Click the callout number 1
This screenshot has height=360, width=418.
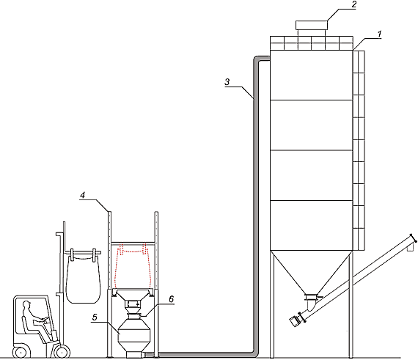click(379, 34)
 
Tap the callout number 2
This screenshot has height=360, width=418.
click(353, 5)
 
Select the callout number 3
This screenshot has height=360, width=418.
click(227, 81)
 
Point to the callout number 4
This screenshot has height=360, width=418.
click(83, 195)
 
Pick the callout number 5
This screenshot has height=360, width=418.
click(95, 317)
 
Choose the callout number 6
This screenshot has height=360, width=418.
click(171, 299)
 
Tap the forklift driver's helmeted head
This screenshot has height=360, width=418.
click(26, 304)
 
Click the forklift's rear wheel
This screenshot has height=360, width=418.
click(21, 352)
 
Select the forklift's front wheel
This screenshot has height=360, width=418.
click(62, 352)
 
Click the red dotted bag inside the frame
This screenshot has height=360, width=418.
click(133, 266)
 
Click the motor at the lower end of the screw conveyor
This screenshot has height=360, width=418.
click(294, 321)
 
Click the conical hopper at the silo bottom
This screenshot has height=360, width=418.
click(312, 272)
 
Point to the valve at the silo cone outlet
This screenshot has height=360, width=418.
click(312, 297)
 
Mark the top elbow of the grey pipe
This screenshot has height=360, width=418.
click(257, 59)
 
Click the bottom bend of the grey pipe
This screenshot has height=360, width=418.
click(254, 353)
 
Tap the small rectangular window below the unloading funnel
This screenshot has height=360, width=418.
click(133, 304)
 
